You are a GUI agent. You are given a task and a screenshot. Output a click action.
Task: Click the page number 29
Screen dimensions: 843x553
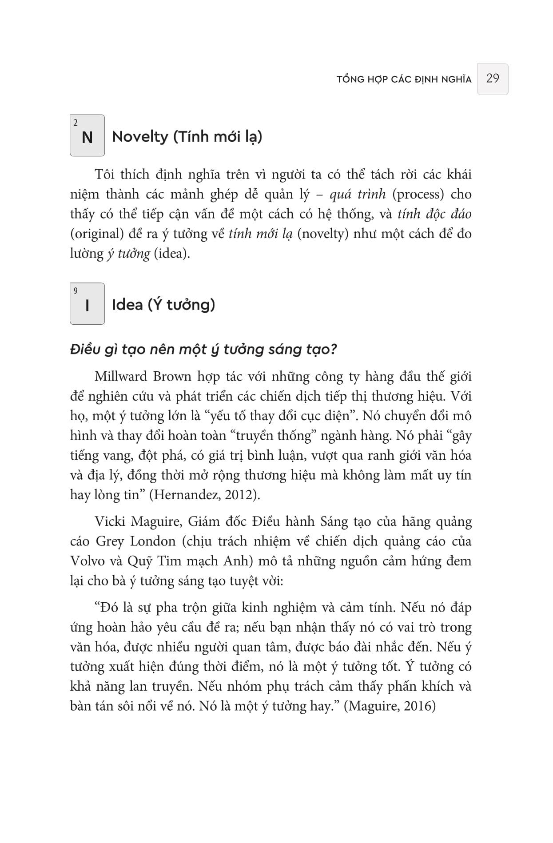click(x=493, y=79)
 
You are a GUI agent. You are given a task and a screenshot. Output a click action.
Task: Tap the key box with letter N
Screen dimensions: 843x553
click(x=87, y=135)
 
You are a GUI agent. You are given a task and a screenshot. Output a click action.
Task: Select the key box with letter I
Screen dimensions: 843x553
click(x=87, y=304)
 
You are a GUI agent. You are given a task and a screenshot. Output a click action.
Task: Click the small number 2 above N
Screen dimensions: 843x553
click(x=76, y=123)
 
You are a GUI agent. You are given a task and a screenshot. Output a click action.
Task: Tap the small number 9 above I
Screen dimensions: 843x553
click(x=76, y=291)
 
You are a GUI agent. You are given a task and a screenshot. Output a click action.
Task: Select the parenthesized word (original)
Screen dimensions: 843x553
click(x=95, y=234)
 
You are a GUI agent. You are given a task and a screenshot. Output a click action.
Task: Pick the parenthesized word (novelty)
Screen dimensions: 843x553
click(x=322, y=234)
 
